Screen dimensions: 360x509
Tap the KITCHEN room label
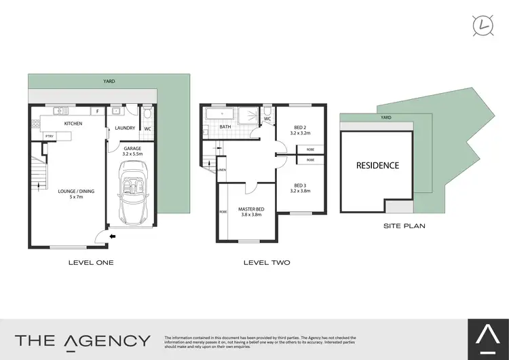click(73, 124)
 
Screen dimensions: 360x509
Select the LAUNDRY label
click(126, 128)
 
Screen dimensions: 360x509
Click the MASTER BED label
click(251, 212)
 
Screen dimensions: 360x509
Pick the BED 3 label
click(300, 188)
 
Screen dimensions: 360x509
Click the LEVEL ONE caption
click(91, 262)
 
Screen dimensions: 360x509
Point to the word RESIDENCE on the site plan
click(378, 165)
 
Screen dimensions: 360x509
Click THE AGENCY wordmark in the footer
click(83, 340)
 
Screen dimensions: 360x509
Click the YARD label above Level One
click(109, 81)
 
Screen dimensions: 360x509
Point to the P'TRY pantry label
click(49, 136)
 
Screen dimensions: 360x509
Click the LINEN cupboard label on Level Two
click(222, 170)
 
